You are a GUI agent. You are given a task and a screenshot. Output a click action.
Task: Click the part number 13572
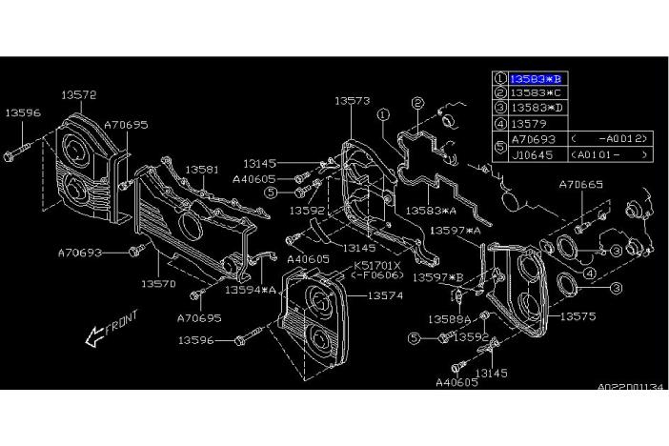pyautogui.click(x=79, y=94)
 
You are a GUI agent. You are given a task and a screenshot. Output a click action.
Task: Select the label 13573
pyautogui.click(x=354, y=100)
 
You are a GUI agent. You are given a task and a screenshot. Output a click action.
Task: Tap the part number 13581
pyautogui.click(x=202, y=169)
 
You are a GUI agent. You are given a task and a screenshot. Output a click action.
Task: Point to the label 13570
pyautogui.click(x=158, y=283)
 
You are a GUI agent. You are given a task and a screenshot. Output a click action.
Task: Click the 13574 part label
pyautogui.click(x=385, y=296)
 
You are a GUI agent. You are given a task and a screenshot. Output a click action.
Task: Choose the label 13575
pyautogui.click(x=578, y=313)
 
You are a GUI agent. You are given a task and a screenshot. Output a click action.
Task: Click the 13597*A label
pyautogui.click(x=455, y=231)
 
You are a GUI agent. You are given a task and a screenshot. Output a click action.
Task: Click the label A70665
pyautogui.click(x=580, y=185)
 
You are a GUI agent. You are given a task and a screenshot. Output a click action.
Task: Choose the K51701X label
pyautogui.click(x=379, y=265)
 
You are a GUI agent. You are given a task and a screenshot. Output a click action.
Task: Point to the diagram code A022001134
pyautogui.click(x=629, y=388)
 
